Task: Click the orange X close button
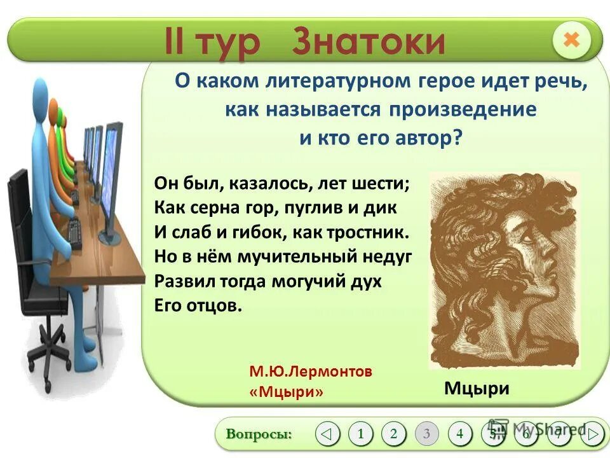(x=571, y=40)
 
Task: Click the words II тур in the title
(x=213, y=41)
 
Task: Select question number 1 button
(x=360, y=434)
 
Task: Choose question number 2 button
(x=393, y=434)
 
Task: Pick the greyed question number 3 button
(x=426, y=434)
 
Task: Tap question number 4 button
(x=459, y=434)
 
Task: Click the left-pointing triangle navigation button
(x=327, y=434)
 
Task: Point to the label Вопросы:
(x=259, y=434)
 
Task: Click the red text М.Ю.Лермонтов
(x=311, y=371)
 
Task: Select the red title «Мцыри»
(x=287, y=392)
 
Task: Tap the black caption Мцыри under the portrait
(x=477, y=388)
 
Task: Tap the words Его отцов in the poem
(x=198, y=305)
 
